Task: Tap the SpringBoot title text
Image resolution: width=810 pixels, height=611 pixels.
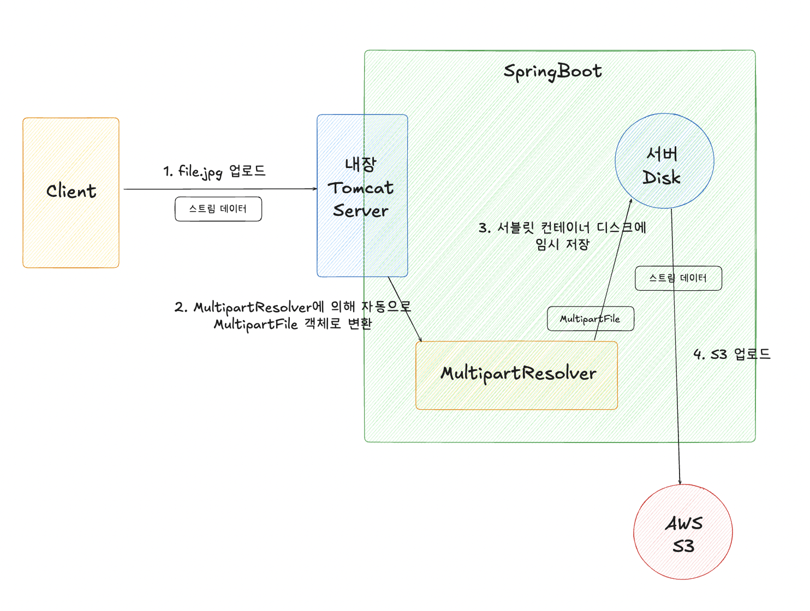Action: point(552,71)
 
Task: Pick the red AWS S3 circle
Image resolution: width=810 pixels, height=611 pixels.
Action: point(683,532)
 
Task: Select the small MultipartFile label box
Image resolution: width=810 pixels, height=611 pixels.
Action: point(590,319)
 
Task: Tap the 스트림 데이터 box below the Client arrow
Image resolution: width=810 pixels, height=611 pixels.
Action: point(218,209)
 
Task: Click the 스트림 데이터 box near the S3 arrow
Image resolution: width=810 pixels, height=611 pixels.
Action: point(678,278)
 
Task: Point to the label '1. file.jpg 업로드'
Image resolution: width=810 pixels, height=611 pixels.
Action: point(215,171)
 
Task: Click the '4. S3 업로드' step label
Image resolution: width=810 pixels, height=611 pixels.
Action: point(731,354)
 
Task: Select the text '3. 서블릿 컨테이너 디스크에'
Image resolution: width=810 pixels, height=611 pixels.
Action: point(562,227)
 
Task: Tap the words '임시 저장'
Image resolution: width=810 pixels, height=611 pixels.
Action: point(562,244)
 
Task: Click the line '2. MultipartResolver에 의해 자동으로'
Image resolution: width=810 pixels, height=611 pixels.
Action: point(293,307)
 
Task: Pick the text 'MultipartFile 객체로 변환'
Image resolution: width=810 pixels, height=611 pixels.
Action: point(293,324)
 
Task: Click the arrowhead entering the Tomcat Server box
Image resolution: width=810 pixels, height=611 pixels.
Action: point(315,189)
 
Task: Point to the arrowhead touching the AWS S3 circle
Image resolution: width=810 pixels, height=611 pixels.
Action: point(680,482)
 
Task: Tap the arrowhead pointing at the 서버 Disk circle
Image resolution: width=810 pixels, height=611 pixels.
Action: point(630,201)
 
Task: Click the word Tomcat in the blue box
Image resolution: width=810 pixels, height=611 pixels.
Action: point(360,188)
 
